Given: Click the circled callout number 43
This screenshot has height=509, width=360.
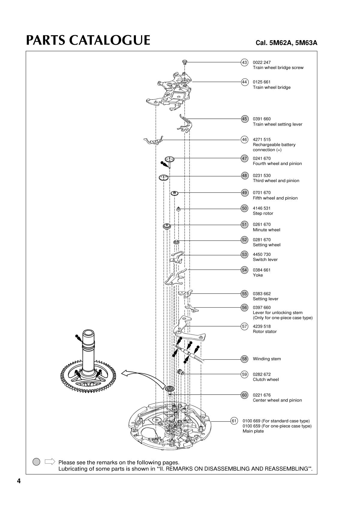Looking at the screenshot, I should pyautogui.click(x=244, y=62).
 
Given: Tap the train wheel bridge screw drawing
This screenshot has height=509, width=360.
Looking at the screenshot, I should pyautogui.click(x=185, y=62).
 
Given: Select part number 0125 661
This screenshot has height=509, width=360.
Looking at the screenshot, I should pyautogui.click(x=262, y=82).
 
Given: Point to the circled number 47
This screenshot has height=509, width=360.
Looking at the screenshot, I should pyautogui.click(x=244, y=158).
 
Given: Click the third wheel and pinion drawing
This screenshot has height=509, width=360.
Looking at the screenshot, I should pyautogui.click(x=164, y=178).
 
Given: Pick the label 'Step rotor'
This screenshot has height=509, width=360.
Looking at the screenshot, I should pyautogui.click(x=263, y=214).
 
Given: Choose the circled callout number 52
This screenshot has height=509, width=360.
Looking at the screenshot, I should pyautogui.click(x=244, y=240).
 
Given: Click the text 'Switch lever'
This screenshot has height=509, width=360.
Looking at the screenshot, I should pyautogui.click(x=265, y=260).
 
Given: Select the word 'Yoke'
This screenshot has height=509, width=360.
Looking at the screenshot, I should pyautogui.click(x=258, y=275).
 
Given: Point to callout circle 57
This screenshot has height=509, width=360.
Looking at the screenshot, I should pyautogui.click(x=244, y=326).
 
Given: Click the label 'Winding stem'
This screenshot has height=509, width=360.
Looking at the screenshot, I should pyautogui.click(x=267, y=359).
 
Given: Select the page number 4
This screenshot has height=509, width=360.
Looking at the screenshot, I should pyautogui.click(x=19, y=481).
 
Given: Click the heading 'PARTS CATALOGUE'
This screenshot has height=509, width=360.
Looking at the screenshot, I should pyautogui.click(x=88, y=40).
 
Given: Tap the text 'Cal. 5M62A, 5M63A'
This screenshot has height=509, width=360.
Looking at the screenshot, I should pyautogui.click(x=286, y=43).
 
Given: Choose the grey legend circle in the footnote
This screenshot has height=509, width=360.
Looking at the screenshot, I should pyautogui.click(x=36, y=462).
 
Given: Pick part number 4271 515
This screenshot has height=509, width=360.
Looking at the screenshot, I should pyautogui.click(x=262, y=139).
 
